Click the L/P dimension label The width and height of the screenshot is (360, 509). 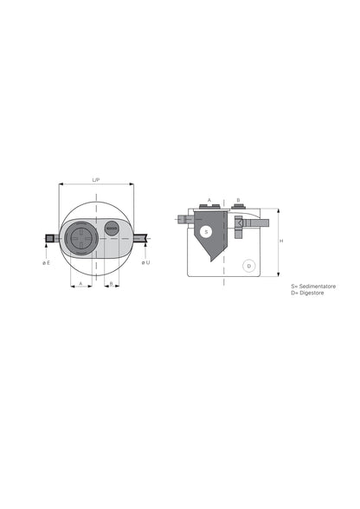pos(96,179)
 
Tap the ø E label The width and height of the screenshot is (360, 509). pos(46,261)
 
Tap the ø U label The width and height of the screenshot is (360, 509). pos(145,261)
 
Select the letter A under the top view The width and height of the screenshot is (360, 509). pos(80,283)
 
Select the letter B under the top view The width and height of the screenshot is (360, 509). pos(111,283)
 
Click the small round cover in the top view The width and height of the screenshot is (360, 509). pos(111,229)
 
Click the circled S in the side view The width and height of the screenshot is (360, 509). pos(206,231)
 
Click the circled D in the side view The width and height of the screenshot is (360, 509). pos(248,266)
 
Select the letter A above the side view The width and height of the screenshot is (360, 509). pos(209,199)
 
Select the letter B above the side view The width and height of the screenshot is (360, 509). pos(238,199)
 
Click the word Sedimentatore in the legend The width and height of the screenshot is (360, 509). pos(317,285)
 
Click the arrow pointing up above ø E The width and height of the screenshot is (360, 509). pos(46,251)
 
